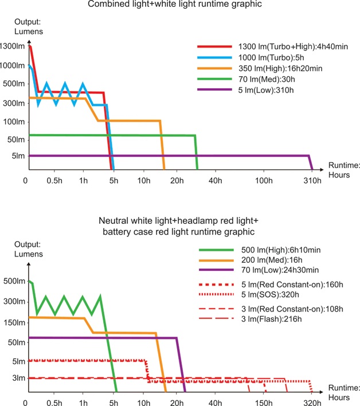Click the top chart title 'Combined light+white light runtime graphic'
point(179,5)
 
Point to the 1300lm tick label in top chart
point(11,46)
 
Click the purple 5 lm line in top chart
point(172,156)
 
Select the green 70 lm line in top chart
point(115,135)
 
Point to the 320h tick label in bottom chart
point(311,402)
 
